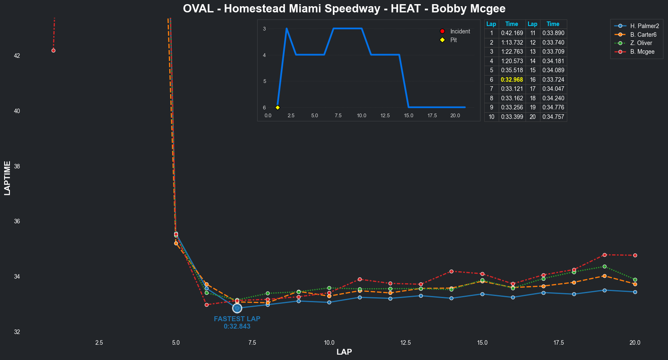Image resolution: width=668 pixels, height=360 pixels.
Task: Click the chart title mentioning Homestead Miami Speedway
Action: coord(344,9)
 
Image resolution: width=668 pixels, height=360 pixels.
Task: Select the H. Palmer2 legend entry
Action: coord(644,26)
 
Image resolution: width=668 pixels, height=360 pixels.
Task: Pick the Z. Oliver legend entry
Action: coord(641,43)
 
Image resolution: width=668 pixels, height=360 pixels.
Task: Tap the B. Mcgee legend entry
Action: coord(642,52)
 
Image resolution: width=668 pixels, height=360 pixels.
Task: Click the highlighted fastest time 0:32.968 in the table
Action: coord(512,80)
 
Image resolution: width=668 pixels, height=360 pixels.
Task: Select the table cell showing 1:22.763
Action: coord(512,52)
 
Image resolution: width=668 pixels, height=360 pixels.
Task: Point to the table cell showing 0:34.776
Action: coord(553,107)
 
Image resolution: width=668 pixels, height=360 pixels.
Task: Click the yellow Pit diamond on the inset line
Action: coord(277,107)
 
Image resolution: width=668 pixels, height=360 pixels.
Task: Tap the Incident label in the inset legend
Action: coord(460,31)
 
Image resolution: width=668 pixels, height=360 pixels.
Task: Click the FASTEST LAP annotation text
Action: coord(237,319)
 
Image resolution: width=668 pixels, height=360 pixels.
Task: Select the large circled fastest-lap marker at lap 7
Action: coord(237,308)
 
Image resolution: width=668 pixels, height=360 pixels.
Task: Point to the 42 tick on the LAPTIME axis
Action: coord(17,56)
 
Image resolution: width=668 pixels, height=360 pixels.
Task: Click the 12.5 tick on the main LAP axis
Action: coord(405,343)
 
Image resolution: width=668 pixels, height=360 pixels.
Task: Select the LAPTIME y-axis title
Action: coord(7,178)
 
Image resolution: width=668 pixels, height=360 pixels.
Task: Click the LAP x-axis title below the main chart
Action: coord(344,352)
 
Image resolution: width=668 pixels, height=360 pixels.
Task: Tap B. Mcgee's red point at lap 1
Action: coord(53,50)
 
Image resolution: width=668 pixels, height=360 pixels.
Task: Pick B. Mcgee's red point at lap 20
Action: coord(635,255)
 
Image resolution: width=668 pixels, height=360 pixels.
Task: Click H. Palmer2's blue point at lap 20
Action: coord(635,292)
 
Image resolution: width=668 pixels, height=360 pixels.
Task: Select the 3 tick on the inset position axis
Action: coord(264,28)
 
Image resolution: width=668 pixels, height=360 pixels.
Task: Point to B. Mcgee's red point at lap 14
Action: coord(451,271)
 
